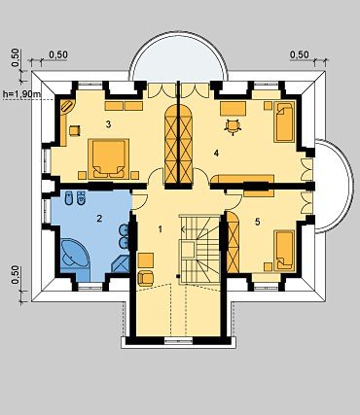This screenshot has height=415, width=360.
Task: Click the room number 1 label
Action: (x=160, y=229)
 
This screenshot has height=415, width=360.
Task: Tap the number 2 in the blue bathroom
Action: (x=99, y=219)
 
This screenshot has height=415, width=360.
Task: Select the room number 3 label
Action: (x=109, y=124)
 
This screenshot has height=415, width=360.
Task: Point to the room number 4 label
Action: (x=216, y=153)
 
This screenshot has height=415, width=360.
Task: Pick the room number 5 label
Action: (x=258, y=222)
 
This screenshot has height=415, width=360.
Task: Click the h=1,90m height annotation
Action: (x=21, y=94)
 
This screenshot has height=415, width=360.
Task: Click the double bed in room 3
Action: (x=108, y=158)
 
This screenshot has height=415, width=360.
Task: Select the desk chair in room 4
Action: (x=233, y=126)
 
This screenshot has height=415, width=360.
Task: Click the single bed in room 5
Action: (x=284, y=251)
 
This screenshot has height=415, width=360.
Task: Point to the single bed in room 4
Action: (x=284, y=121)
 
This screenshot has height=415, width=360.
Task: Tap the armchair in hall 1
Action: (x=146, y=278)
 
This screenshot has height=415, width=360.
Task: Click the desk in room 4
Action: (x=233, y=109)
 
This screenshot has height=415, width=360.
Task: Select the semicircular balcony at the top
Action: (x=178, y=56)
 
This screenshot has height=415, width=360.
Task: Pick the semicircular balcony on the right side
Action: (x=333, y=187)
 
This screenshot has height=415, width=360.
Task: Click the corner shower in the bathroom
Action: (x=121, y=263)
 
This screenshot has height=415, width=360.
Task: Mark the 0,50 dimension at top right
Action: (x=300, y=54)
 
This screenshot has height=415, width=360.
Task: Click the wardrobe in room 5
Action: (x=233, y=242)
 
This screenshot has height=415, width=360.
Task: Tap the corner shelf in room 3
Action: (x=67, y=107)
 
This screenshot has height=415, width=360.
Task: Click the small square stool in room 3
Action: (x=75, y=130)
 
